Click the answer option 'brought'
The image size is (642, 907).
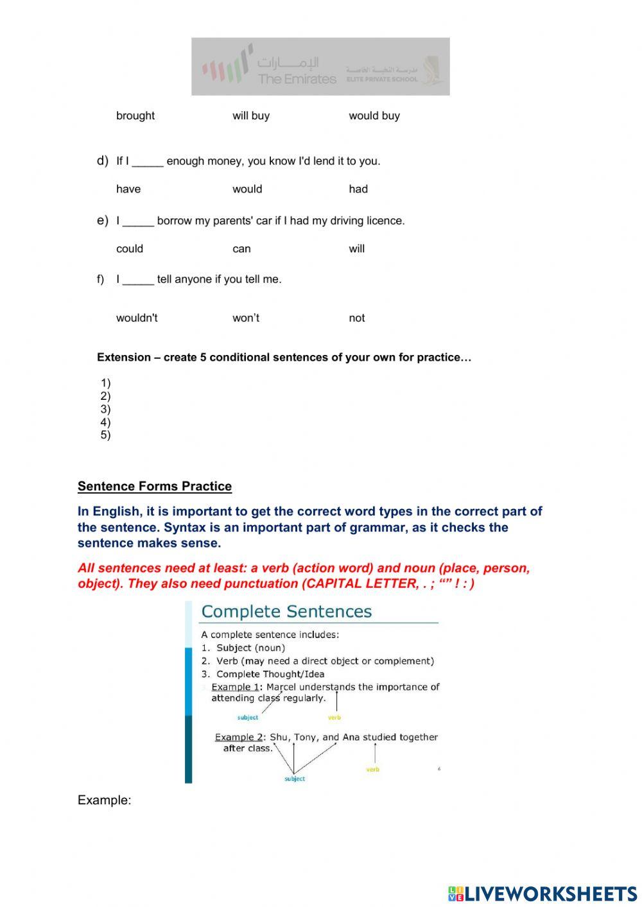(x=135, y=116)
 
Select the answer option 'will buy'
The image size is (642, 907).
(x=250, y=116)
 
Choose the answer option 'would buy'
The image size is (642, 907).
(x=374, y=116)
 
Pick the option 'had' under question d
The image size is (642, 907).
(x=358, y=189)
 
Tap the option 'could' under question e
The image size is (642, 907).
(x=129, y=248)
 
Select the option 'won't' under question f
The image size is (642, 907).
(x=245, y=318)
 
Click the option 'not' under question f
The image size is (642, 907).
(x=356, y=318)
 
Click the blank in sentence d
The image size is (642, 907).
(x=148, y=162)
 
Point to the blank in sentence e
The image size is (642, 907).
(x=138, y=221)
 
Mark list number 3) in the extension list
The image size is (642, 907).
(x=105, y=409)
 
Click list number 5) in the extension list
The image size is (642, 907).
(x=105, y=435)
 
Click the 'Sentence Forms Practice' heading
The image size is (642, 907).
(x=154, y=486)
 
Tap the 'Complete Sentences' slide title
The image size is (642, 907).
(x=286, y=611)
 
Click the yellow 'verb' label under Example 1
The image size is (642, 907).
(x=334, y=717)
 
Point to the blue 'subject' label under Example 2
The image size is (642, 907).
(x=295, y=779)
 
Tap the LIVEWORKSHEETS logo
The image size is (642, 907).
(x=542, y=893)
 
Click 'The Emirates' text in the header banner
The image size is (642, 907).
(x=297, y=79)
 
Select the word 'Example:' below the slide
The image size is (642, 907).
(x=104, y=800)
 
